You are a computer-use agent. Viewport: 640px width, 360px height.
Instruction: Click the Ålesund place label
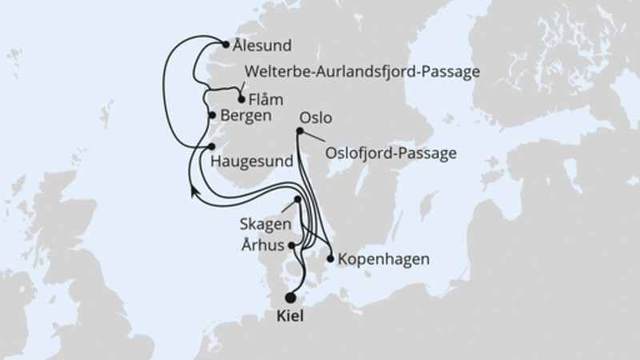tap(262, 46)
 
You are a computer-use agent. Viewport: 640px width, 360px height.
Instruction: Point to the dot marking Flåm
tap(242, 100)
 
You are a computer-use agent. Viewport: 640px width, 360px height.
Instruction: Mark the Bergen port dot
tap(212, 115)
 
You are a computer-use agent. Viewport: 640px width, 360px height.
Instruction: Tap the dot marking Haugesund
tap(211, 146)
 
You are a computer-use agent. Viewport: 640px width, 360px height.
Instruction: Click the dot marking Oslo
tap(298, 132)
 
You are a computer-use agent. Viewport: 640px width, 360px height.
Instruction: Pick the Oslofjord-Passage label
tap(390, 152)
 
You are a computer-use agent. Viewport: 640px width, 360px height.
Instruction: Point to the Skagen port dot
tap(298, 199)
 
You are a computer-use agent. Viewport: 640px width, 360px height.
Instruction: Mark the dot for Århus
tap(293, 246)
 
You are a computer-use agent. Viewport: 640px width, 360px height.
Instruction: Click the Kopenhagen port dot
tap(330, 258)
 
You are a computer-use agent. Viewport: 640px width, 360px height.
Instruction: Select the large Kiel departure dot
tap(290, 295)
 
